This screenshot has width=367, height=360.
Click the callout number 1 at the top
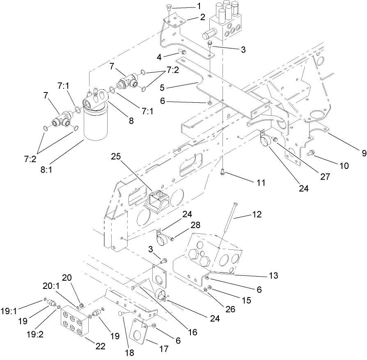(199, 6)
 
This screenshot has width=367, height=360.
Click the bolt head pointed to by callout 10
(311, 153)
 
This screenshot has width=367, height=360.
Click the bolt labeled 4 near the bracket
(182, 52)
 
